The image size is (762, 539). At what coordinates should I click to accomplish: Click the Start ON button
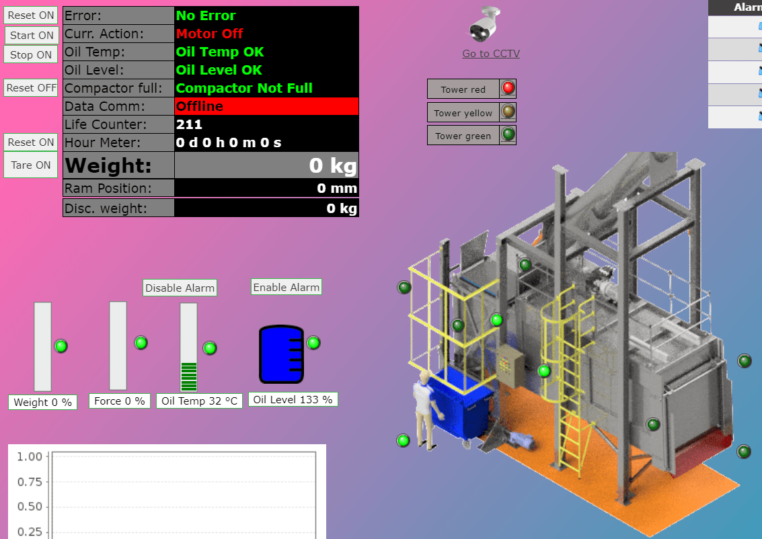[32, 35]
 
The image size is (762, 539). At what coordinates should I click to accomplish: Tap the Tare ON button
[31, 165]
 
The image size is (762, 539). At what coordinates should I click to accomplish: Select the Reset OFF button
[32, 87]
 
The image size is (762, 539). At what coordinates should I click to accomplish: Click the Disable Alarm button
[180, 288]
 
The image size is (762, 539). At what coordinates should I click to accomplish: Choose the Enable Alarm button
[286, 287]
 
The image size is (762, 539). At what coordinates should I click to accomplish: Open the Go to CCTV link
[491, 54]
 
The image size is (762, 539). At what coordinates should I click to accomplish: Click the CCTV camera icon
[486, 25]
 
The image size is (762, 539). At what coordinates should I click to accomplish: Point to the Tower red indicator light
[508, 88]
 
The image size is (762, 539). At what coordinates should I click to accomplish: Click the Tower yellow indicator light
[508, 112]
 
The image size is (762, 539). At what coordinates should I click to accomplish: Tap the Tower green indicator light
[508, 134]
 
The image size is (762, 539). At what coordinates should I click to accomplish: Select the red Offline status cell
[267, 106]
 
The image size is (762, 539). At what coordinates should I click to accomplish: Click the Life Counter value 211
[189, 124]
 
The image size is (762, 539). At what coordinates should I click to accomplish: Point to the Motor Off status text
[210, 34]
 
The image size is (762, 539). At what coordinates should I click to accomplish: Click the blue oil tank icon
[282, 354]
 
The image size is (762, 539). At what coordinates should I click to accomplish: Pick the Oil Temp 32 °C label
[200, 401]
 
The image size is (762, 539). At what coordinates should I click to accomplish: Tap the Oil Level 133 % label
[293, 399]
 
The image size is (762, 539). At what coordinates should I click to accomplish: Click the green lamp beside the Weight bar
[61, 346]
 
